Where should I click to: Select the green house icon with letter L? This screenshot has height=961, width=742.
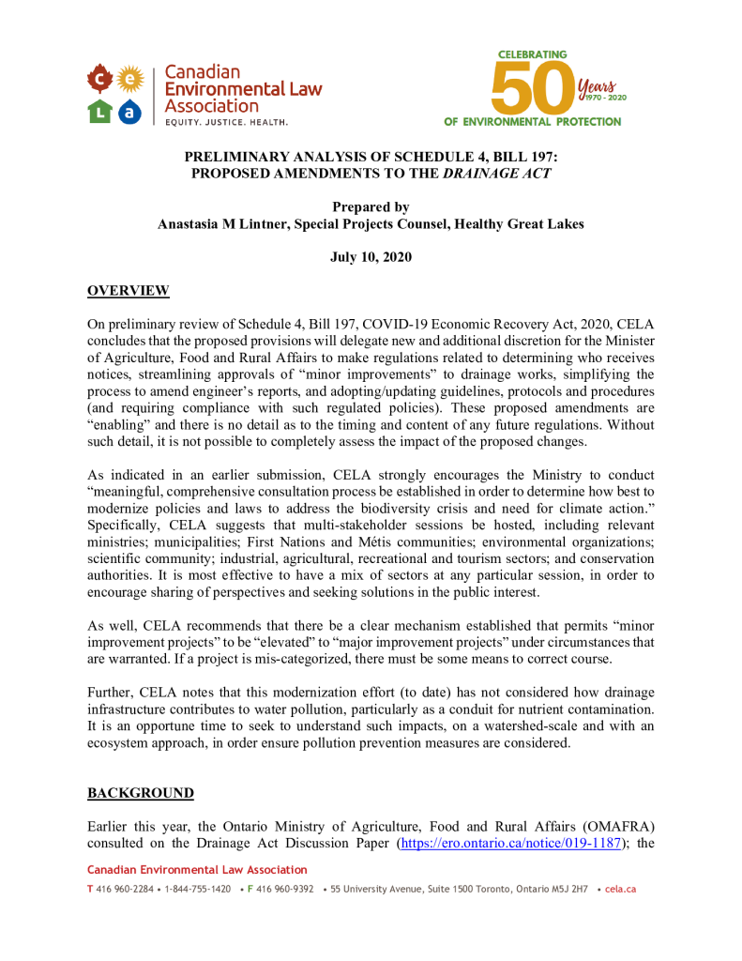point(99,111)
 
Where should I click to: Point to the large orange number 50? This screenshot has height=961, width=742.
point(532,90)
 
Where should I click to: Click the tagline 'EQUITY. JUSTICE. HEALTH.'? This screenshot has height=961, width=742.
point(227,122)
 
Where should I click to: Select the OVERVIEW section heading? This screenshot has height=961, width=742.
point(129,290)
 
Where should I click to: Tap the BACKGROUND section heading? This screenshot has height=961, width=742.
point(141,794)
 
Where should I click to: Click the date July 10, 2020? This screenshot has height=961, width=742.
point(371,256)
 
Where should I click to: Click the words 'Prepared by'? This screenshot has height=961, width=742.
point(371,207)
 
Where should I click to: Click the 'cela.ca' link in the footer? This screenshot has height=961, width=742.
point(621,889)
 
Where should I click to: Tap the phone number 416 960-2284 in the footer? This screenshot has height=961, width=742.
point(120,889)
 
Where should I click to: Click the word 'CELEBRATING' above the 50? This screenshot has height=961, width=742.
point(532,55)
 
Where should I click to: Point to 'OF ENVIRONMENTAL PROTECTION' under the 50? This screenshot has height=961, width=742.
point(532,122)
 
